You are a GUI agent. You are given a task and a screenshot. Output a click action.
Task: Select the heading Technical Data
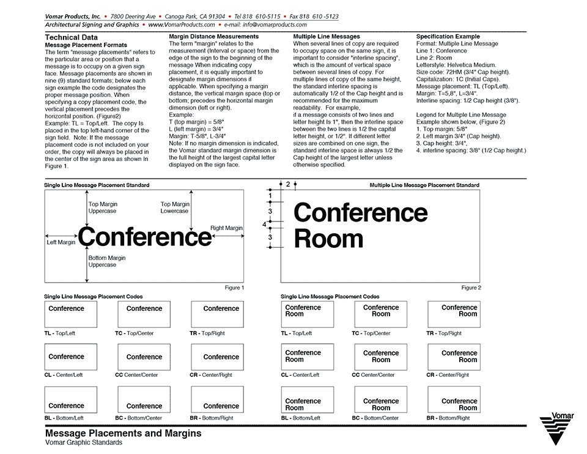pos(72,37)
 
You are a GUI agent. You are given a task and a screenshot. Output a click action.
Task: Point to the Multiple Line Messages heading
pos(327,37)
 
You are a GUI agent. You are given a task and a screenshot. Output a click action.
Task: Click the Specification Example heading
pos(448,37)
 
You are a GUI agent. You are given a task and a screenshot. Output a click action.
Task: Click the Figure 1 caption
pos(234,288)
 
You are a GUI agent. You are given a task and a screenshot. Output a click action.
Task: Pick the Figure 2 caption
pos(471,288)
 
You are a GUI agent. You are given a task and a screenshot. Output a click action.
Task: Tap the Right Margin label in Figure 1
pos(226,228)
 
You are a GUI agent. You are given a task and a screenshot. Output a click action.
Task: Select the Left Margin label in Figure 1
pos(61,242)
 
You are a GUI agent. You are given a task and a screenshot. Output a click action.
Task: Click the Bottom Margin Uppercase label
pos(107,261)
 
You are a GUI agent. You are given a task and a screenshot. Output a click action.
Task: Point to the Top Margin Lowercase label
pos(175,207)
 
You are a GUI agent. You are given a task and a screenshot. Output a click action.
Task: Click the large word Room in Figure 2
pos(329,239)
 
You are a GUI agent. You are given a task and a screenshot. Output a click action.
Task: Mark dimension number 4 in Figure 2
pos(264,225)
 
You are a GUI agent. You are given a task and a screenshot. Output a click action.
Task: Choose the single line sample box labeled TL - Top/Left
pos(70,314)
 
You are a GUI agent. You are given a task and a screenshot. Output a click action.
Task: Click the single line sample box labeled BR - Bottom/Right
pos(217,400)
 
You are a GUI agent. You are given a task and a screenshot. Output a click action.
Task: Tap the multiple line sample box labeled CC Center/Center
pos(380,357)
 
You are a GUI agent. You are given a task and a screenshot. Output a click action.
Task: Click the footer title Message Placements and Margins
pos(123,433)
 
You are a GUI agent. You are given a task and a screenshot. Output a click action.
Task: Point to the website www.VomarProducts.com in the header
pos(181,25)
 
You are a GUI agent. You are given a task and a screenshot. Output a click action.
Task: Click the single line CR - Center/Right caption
pos(211,375)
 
